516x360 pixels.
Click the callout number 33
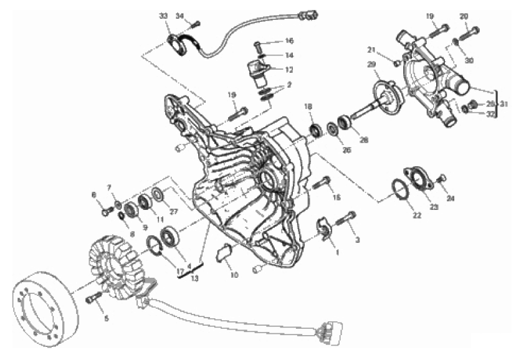click(x=163, y=14)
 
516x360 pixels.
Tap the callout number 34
click(x=179, y=15)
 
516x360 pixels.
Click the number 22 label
click(x=416, y=216)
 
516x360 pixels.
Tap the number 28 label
click(x=363, y=140)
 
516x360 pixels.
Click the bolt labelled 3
click(x=345, y=219)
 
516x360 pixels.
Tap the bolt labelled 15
click(x=323, y=182)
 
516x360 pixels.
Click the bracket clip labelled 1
click(x=323, y=227)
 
